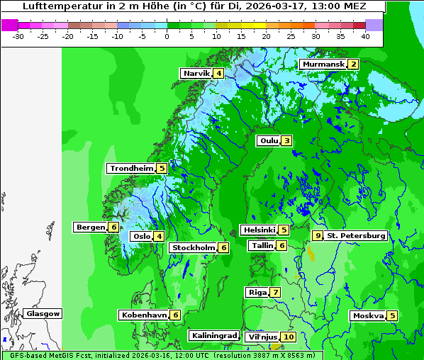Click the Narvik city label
pos(196,74)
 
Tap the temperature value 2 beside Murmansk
pos(352,64)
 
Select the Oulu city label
pos(269,141)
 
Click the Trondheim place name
pos(131,169)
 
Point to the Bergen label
pos(90,227)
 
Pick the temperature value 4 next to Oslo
pos(160,237)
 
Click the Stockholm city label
pos(192,248)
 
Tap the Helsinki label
pos(259,230)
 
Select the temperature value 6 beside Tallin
pos(282,246)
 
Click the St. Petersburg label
pos(356,236)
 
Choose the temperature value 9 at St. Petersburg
pos(318,236)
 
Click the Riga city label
pos(257,293)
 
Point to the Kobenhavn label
pos(144,315)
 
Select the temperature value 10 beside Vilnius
pos(288,337)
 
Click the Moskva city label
pos(368,316)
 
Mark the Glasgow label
pos(43,314)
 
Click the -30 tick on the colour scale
pos(18,36)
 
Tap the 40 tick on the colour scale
pos(365,36)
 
